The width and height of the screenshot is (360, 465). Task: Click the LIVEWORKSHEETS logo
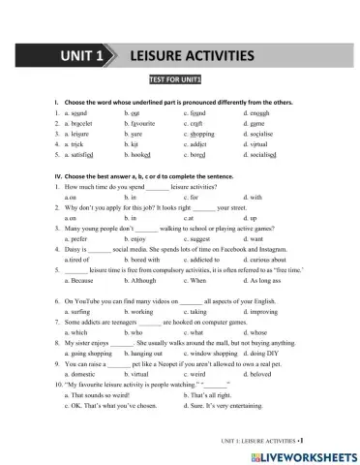click(x=307, y=454)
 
